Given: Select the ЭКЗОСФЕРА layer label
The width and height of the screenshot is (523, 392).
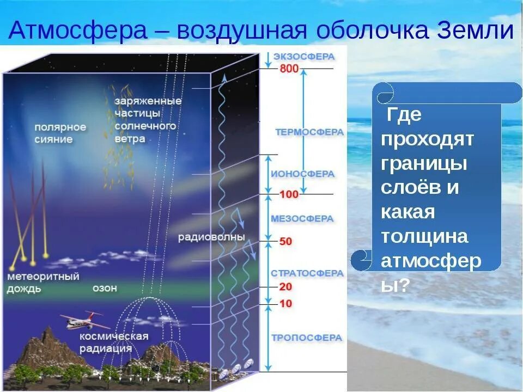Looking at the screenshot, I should click(303, 56).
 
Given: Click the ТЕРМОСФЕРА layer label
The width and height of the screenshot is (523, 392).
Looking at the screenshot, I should click(309, 132).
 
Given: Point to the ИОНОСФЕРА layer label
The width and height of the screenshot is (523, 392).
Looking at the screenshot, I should click(302, 174).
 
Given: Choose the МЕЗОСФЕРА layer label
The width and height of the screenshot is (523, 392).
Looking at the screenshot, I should click(302, 218).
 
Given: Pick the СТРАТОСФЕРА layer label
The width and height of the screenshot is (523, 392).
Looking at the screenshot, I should click(307, 273).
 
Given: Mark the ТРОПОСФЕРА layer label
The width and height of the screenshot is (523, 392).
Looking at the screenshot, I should click(307, 338).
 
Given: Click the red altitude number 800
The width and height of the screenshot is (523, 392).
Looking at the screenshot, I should click(289, 69).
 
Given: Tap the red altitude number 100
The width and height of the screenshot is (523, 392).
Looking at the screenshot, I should click(289, 194).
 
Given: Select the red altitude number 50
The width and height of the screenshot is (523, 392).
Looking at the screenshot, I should click(285, 241).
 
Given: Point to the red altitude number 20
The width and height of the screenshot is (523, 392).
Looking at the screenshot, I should click(285, 286).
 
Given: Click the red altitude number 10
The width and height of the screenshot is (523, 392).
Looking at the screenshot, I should click(285, 303).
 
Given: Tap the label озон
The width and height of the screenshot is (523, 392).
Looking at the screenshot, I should click(105, 288).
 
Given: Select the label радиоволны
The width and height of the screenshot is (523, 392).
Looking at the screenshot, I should click(211, 237).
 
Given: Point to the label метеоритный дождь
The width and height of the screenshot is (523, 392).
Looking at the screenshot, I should click(43, 283).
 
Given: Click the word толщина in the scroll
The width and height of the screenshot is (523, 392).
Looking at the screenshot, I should click(424, 236).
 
